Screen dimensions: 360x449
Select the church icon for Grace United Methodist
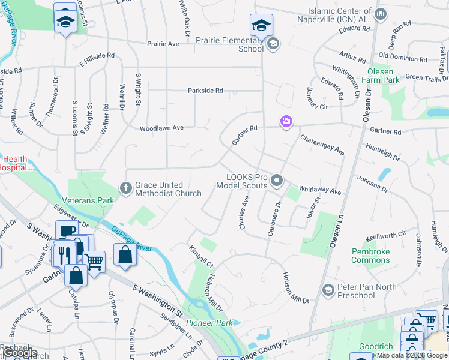126,188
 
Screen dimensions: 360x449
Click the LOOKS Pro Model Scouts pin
277,180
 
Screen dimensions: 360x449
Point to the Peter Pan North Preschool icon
328,290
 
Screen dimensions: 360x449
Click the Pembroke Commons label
370,256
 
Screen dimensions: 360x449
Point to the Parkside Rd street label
205,91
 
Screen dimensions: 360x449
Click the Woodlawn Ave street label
161,128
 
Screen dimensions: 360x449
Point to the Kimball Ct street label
201,256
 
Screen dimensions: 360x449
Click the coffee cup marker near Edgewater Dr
66,231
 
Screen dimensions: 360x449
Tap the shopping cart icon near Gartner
94,260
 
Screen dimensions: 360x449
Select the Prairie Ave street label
163,44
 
